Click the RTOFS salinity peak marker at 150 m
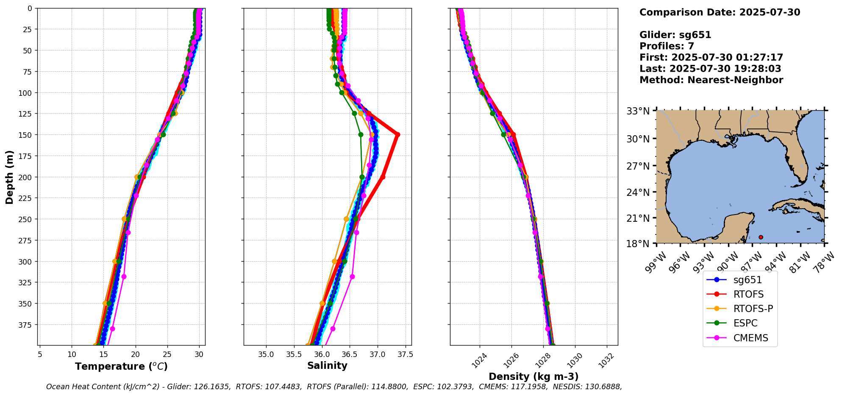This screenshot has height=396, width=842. [x=397, y=135]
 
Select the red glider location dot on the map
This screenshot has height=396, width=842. [x=761, y=237]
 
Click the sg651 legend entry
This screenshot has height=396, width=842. [x=747, y=280]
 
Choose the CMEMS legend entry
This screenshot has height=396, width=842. [x=750, y=338]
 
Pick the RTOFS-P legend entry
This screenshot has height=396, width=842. [x=753, y=309]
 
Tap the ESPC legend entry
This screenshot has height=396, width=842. [x=745, y=323]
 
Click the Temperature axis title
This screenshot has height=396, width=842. [x=121, y=366]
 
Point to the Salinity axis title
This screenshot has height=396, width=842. [x=327, y=365]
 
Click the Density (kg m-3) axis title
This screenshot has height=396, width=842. [x=534, y=376]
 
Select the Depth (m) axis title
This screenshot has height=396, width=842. [x=9, y=177]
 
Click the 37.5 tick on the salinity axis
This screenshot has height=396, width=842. [x=405, y=354]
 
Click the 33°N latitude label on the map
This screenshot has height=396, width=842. [x=638, y=111]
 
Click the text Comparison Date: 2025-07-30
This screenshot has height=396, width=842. [x=720, y=12]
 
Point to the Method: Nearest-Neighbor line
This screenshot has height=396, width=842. [x=711, y=80]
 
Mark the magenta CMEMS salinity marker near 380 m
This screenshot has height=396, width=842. [x=333, y=329]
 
